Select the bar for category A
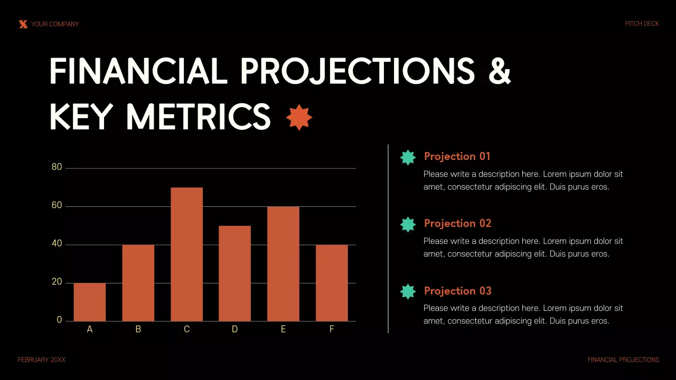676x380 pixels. [90, 302]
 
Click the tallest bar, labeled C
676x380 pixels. [186, 254]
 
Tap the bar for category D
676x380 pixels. [234, 273]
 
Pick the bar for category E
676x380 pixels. [283, 264]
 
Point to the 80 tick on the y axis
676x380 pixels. [57, 167]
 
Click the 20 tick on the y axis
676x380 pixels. [57, 282]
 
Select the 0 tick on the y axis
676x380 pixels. [59, 320]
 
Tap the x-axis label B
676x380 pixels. [138, 329]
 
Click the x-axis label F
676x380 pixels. [332, 329]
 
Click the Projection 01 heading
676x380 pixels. [457, 156]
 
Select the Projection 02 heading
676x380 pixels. [457, 223]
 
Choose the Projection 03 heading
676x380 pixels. [457, 291]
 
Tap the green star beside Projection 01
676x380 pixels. [408, 157]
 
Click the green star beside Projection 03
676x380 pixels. [408, 291]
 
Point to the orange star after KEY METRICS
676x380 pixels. [299, 117]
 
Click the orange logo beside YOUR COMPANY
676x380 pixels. [23, 24]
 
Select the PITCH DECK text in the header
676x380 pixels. [642, 24]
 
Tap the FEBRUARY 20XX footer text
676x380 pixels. [42, 360]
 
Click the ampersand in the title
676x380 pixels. [499, 71]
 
